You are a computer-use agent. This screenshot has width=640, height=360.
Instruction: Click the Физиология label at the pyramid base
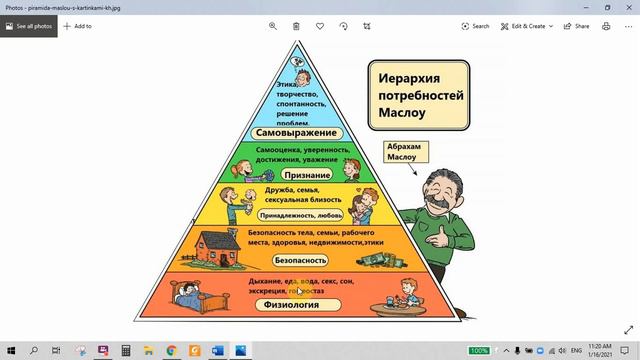point(291,305)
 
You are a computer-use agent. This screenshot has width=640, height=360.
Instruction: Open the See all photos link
point(28,26)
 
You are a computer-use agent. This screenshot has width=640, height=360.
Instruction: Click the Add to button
point(78,26)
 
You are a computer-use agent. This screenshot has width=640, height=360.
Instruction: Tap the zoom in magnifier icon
point(273,26)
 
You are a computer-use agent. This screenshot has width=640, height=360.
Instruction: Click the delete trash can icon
point(297,26)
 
